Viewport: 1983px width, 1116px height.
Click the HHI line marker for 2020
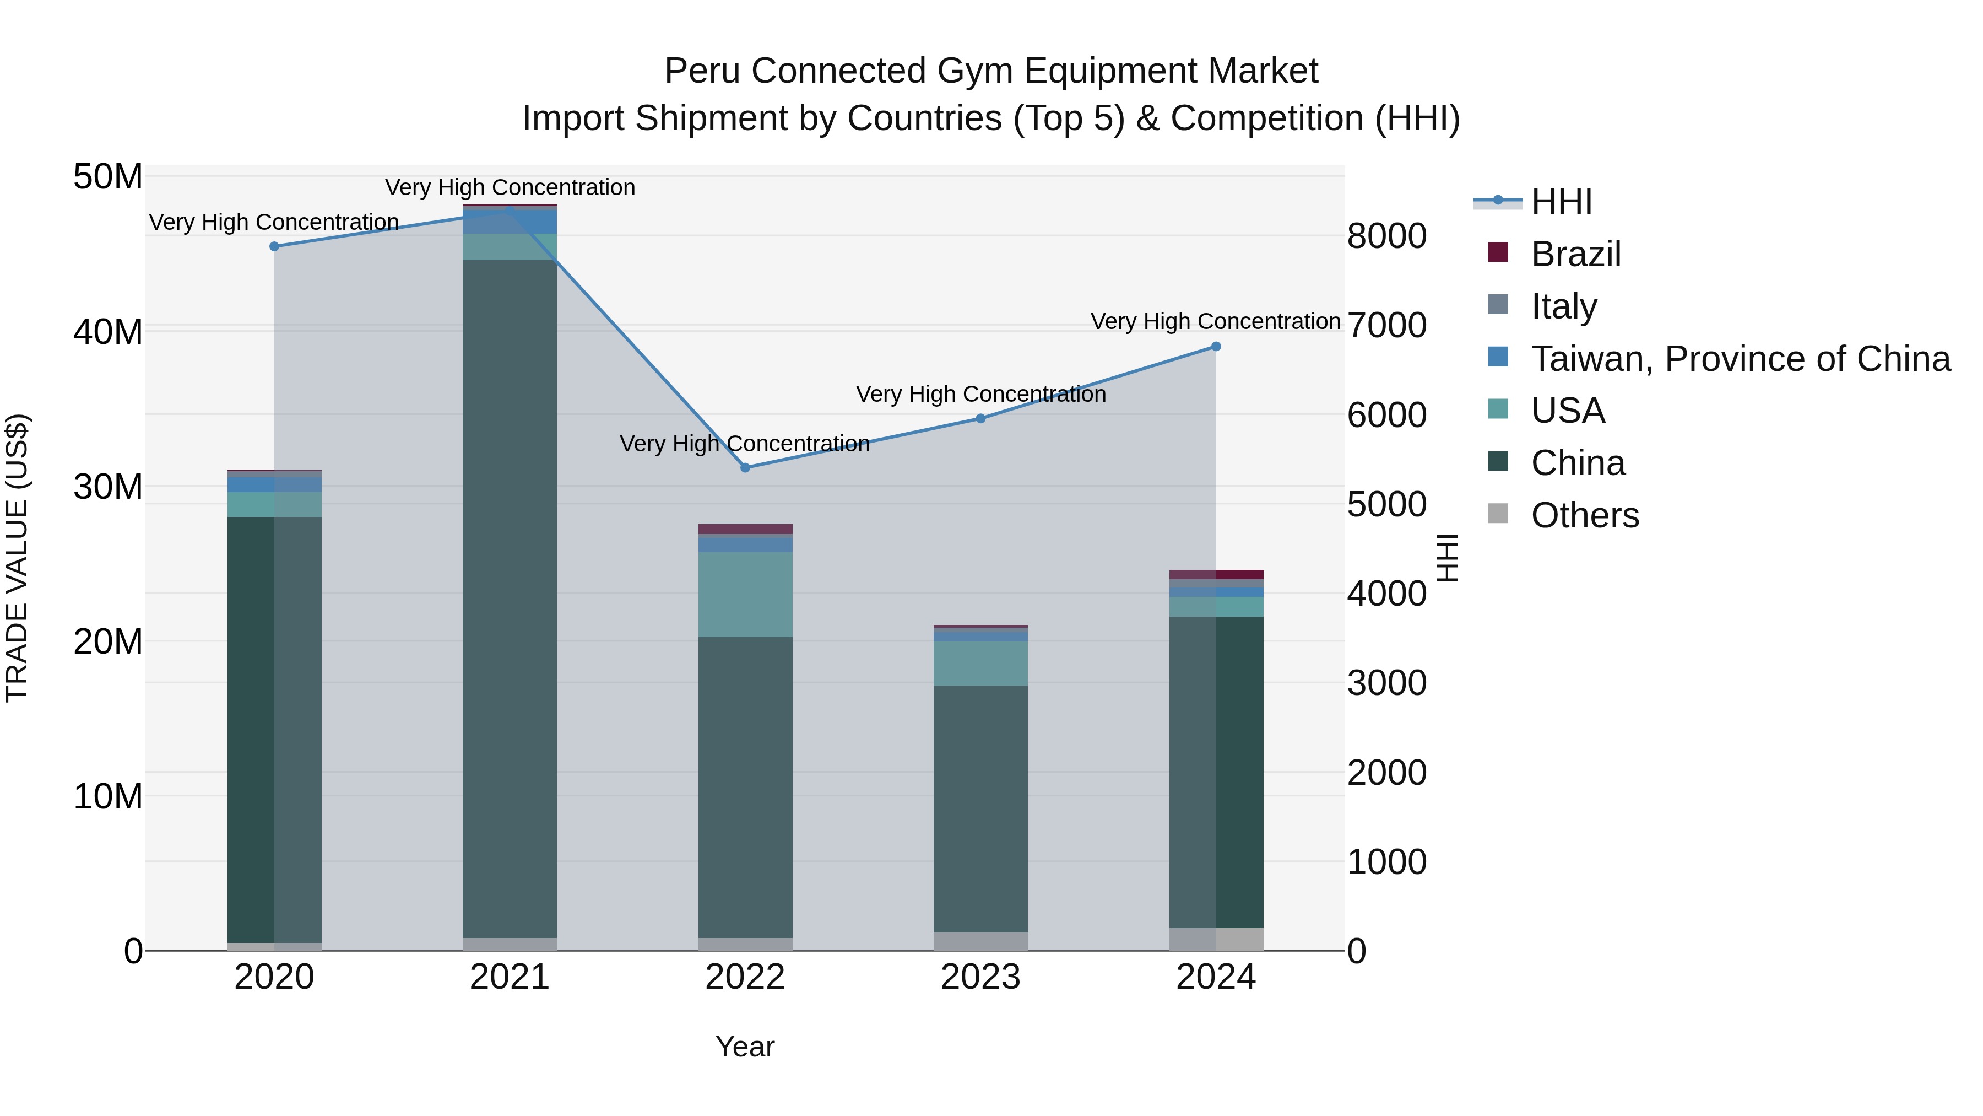(274, 246)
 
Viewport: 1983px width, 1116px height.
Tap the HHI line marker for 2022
(745, 467)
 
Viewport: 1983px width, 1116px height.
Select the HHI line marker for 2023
(980, 418)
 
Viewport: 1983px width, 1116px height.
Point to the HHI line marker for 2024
(1216, 347)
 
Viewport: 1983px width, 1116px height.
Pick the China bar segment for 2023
(980, 808)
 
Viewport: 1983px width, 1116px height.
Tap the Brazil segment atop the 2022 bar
(745, 529)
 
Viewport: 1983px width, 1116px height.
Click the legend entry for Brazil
(1575, 254)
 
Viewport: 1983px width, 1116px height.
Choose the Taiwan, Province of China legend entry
(1740, 359)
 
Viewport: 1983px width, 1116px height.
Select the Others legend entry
(1584, 515)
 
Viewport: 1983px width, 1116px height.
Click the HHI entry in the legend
(1561, 202)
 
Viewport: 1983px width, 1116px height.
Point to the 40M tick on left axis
(108, 332)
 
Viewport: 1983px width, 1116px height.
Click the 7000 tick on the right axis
(1386, 325)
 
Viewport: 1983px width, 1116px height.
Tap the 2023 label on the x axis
(980, 977)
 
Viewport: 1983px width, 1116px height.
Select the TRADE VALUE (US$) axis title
(17, 558)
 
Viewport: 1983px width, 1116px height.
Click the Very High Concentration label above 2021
(510, 187)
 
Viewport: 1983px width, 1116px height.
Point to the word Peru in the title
(702, 71)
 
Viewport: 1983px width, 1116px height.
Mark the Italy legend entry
(1563, 306)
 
